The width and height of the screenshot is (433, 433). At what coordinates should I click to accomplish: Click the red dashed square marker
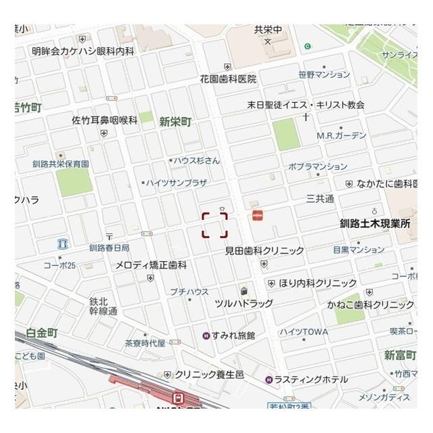[x=214, y=225]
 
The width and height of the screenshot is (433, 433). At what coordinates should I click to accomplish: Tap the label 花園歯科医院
[x=227, y=79]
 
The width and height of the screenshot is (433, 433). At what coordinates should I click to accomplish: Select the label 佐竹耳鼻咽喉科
[x=105, y=120]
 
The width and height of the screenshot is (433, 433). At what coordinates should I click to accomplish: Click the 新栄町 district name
[x=175, y=122]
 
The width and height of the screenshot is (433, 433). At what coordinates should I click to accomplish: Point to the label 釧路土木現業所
[x=375, y=222]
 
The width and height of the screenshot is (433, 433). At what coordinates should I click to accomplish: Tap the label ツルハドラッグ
[x=244, y=304]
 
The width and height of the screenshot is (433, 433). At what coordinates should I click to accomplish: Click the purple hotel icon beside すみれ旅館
[x=206, y=336]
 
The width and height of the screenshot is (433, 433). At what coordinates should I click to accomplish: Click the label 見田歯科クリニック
[x=265, y=251]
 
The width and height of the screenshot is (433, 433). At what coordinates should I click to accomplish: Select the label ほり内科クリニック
[x=318, y=283]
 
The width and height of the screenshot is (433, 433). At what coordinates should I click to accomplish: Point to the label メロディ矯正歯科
[x=151, y=265]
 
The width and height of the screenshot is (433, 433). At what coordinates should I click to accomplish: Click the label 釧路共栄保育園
[x=60, y=164]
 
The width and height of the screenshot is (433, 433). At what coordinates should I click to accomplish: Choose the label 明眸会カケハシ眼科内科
[x=83, y=51]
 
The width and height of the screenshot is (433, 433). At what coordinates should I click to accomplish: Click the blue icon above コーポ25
[x=63, y=244]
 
